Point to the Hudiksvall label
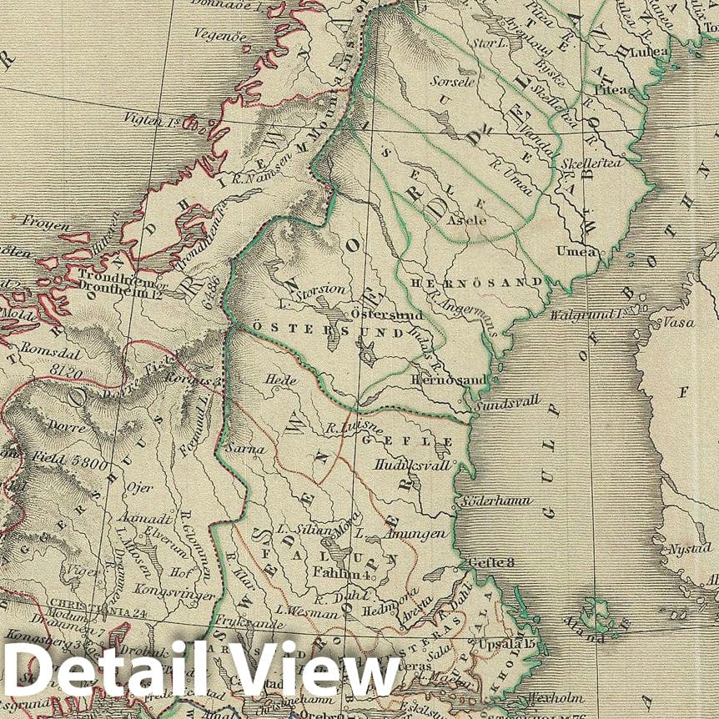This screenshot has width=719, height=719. (x=413, y=465)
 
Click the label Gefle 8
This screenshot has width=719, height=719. (x=491, y=563)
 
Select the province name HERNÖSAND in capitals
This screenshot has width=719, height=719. (x=477, y=283)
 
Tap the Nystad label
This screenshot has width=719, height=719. (x=686, y=549)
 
